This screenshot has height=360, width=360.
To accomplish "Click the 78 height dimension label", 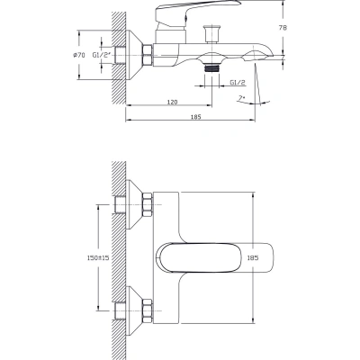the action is pyautogui.click(x=283, y=28).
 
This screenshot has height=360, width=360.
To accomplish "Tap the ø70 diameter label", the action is pyautogui.click(x=79, y=55).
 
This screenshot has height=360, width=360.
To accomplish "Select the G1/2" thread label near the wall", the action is pyautogui.click(x=102, y=55).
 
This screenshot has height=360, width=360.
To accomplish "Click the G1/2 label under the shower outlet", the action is pyautogui.click(x=238, y=83).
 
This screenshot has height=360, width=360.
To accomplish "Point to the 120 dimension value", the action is pyautogui.click(x=172, y=102).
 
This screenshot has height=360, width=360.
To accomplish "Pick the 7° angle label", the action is pyautogui.click(x=241, y=98).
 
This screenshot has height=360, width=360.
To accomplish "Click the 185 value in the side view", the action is pyautogui.click(x=195, y=117).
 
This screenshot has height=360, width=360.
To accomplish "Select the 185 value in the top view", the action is pyautogui.click(x=253, y=257).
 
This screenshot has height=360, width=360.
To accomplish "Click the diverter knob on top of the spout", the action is pyautogui.click(x=211, y=33).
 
